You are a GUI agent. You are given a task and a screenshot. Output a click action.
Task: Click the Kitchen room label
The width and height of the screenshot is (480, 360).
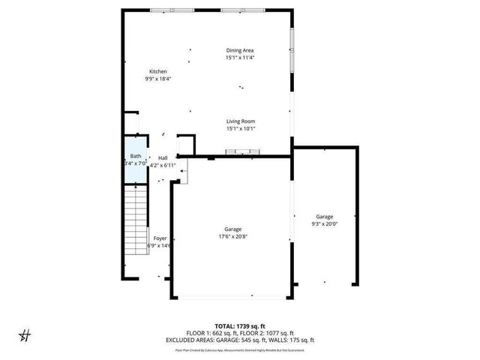pyautogui.click(x=157, y=71)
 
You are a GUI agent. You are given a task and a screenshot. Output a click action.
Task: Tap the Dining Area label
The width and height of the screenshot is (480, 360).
pyautogui.click(x=240, y=50)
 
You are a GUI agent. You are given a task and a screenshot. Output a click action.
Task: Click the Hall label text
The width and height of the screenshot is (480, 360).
pyautogui.click(x=163, y=157)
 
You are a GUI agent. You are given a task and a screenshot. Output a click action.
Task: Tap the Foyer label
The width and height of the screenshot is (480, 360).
pyautogui.click(x=160, y=238)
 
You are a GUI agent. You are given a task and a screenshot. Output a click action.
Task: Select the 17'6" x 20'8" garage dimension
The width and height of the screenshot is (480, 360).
pyautogui.click(x=232, y=237)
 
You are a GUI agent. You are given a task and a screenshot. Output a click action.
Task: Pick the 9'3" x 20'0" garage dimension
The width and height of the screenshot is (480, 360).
pyautogui.click(x=324, y=223)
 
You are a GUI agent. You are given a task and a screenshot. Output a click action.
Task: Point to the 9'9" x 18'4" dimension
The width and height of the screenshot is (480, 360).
pyautogui.click(x=157, y=78)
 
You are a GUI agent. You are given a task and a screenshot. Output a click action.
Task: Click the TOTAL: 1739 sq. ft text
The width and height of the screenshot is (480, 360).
pyautogui.click(x=239, y=326)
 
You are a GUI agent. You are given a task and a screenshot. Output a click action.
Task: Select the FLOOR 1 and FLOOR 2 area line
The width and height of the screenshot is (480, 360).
pyautogui.click(x=239, y=333)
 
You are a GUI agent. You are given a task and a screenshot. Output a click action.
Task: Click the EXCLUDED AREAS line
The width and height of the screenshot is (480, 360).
pyautogui.click(x=239, y=340)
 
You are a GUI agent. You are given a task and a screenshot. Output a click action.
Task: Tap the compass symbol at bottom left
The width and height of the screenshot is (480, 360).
pyautogui.click(x=24, y=334)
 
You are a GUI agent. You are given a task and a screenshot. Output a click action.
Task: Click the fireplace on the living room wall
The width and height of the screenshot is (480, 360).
pyautogui.click(x=244, y=152)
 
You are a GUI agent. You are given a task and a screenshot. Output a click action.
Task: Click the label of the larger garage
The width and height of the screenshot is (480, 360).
pyautogui.click(x=232, y=229)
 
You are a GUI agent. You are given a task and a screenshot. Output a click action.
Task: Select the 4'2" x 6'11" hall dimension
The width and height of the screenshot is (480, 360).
pyautogui.click(x=163, y=164)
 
